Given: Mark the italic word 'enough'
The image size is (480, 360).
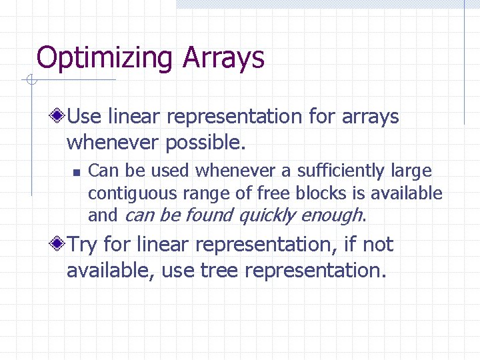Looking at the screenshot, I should (x=331, y=216).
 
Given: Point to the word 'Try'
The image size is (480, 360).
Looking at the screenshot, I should (x=83, y=245).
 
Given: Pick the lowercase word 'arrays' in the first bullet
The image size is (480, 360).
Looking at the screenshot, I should (x=370, y=117).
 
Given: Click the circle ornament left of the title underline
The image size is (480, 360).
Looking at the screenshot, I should (x=30, y=81).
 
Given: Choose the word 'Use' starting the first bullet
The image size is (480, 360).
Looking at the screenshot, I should (x=85, y=117).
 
